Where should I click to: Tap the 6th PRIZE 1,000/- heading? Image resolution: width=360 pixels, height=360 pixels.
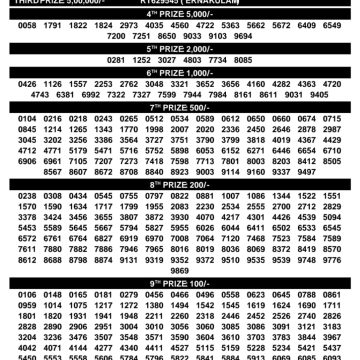(180, 73)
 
